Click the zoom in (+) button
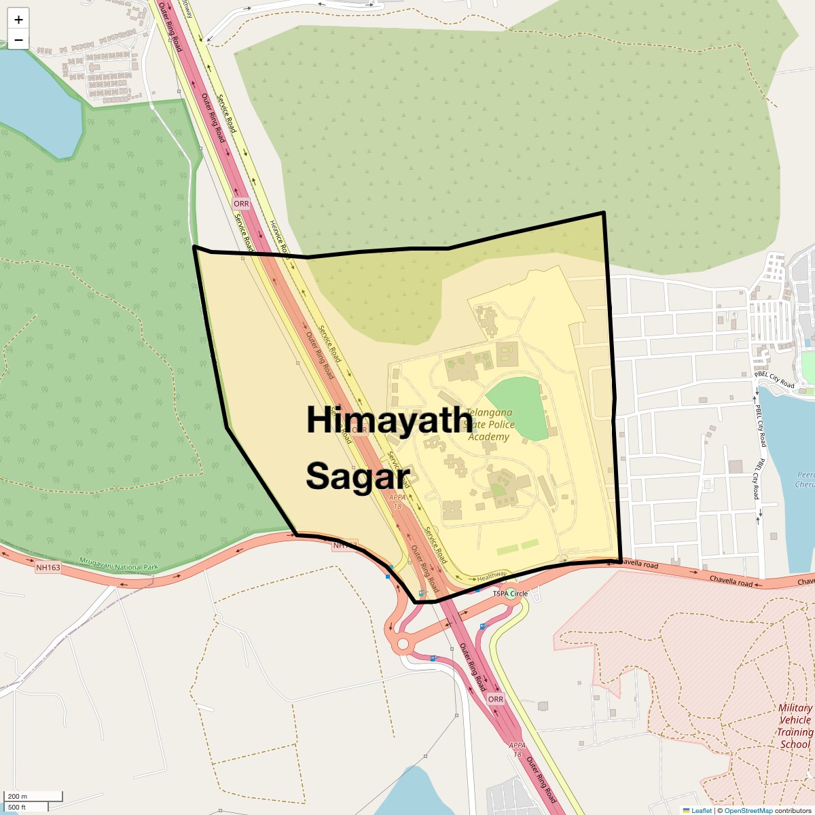[x=18, y=19]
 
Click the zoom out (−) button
[x=18, y=40]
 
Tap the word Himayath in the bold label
[x=389, y=420]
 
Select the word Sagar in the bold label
[x=358, y=476]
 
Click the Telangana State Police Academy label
[x=489, y=424]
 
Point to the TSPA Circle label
[x=510, y=594]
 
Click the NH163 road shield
[x=48, y=568]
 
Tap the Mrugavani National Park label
[x=119, y=564]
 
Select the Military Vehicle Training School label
[x=795, y=726]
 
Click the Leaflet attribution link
[x=701, y=810]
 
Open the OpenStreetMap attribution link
[x=748, y=810]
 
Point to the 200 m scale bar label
[x=18, y=796]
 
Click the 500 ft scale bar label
[x=17, y=807]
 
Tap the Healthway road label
[x=492, y=576]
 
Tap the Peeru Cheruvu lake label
[x=805, y=479]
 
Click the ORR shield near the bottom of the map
[x=496, y=699]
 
